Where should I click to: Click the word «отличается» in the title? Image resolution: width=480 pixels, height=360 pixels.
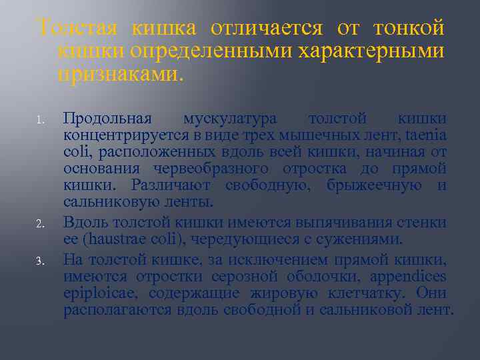tap(267, 28)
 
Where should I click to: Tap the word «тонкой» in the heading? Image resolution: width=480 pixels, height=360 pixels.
tap(409, 28)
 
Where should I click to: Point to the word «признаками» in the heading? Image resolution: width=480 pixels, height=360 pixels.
tap(117, 72)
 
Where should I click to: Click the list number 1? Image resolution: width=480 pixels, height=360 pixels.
tap(41, 121)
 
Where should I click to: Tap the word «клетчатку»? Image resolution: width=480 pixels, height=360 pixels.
tap(367, 293)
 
